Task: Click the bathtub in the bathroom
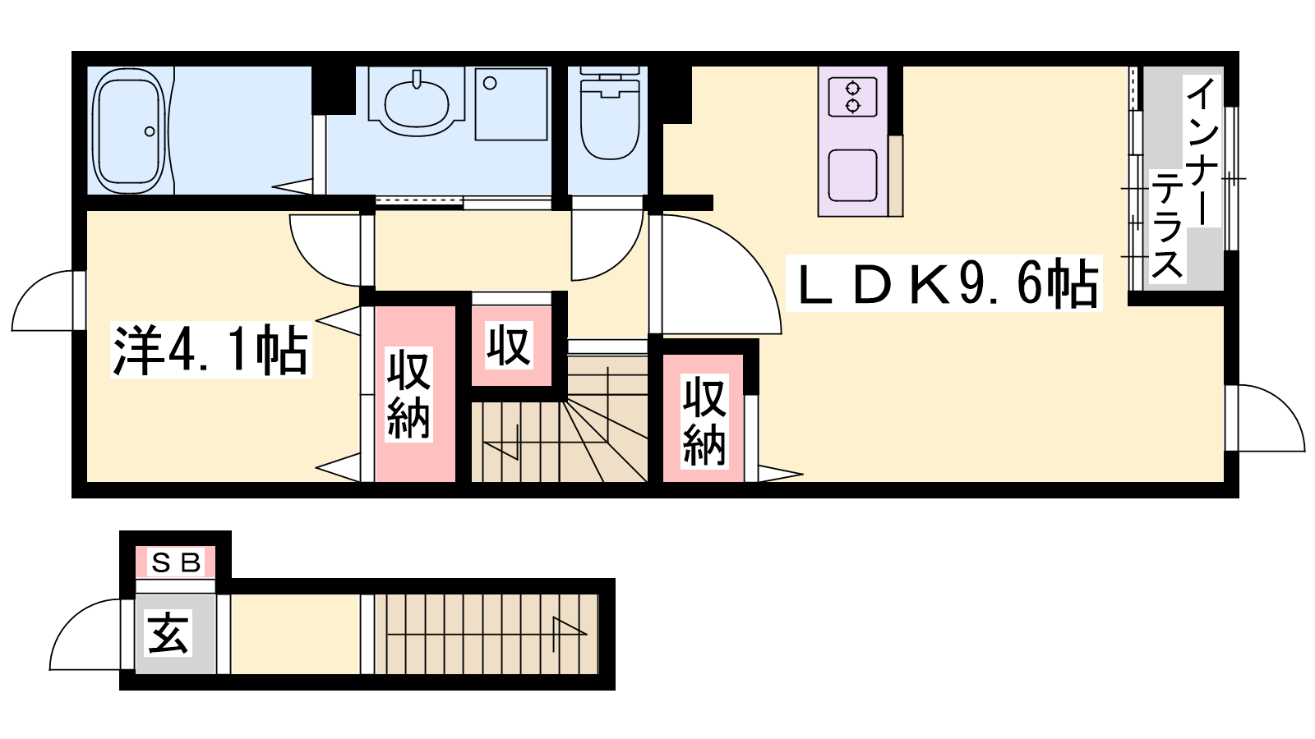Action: pyautogui.click(x=128, y=131)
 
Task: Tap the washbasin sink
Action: pyautogui.click(x=416, y=103)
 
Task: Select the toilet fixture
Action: pyautogui.click(x=609, y=112)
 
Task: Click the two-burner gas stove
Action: pyautogui.click(x=852, y=98)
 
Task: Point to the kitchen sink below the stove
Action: pyautogui.click(x=852, y=175)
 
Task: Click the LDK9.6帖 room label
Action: pyautogui.click(x=944, y=283)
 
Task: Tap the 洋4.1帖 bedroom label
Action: pyautogui.click(x=210, y=350)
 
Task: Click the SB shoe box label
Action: pyautogui.click(x=176, y=563)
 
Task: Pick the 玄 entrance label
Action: pyautogui.click(x=168, y=633)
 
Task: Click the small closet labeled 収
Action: pyautogui.click(x=510, y=346)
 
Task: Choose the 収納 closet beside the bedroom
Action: pyautogui.click(x=416, y=394)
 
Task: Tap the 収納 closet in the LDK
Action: pyautogui.click(x=704, y=419)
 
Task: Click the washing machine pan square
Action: pyautogui.click(x=511, y=103)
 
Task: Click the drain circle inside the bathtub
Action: pyautogui.click(x=150, y=131)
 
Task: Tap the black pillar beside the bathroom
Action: pyautogui.click(x=334, y=90)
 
